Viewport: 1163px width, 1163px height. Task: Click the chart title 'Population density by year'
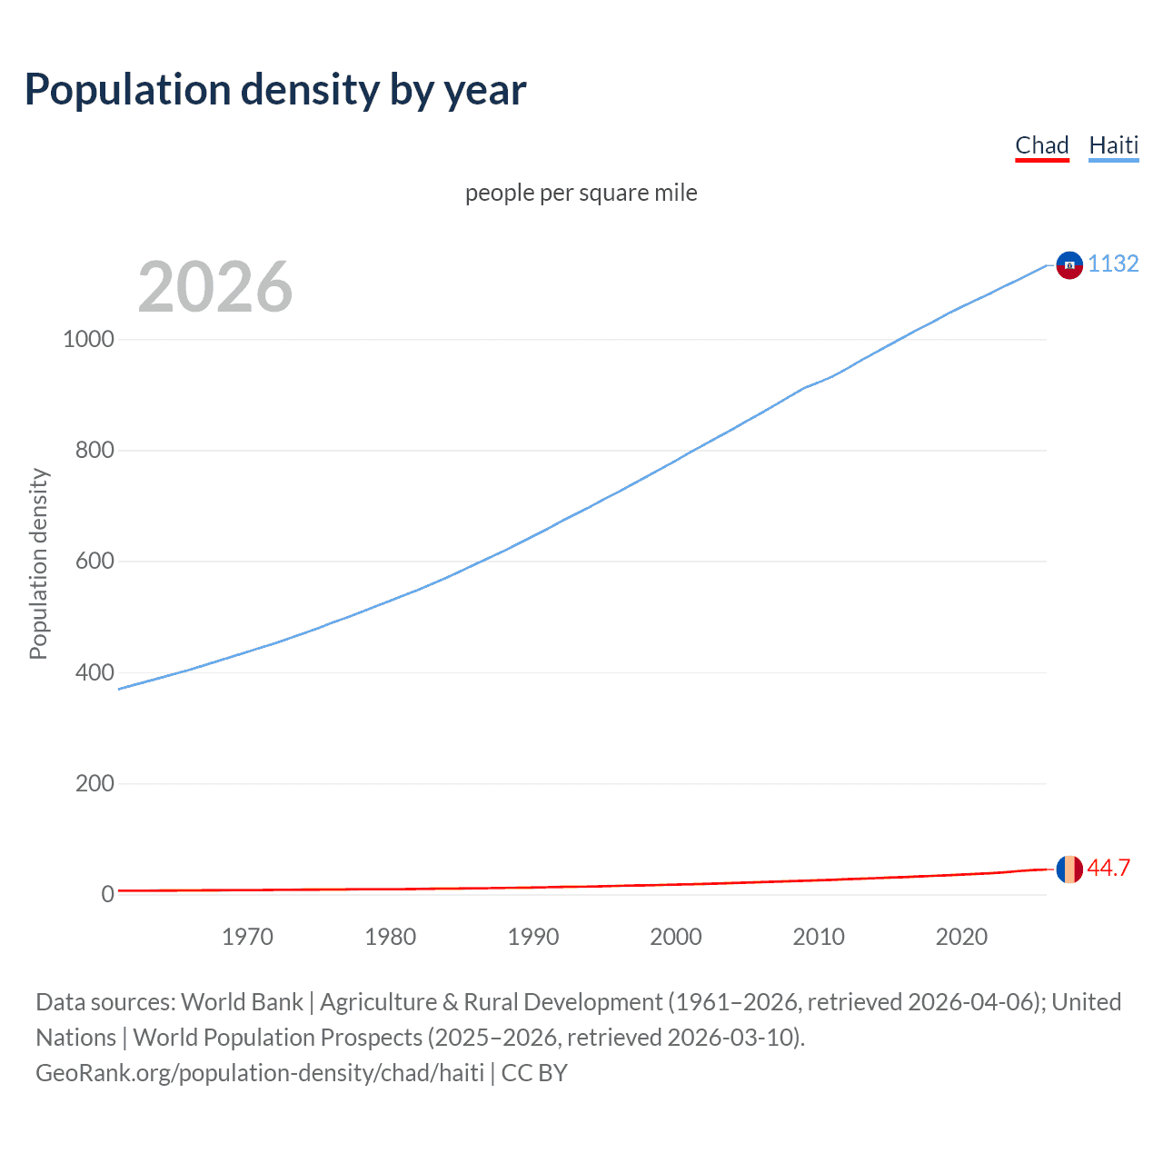275,90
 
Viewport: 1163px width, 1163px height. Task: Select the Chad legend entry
1041,145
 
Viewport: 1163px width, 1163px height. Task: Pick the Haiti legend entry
1113,145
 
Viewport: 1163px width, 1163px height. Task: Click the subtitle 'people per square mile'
581,193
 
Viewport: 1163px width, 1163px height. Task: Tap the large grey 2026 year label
215,287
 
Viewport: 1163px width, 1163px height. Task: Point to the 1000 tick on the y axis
88,339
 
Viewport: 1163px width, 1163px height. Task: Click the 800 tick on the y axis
94,450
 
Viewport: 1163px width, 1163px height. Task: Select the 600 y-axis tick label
94,562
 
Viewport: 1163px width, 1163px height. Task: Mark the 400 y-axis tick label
94,672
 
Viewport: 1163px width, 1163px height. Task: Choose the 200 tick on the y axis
94,783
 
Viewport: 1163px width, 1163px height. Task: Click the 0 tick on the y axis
107,894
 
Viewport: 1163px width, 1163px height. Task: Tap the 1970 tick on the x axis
247,937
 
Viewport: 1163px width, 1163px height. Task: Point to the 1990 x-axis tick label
533,937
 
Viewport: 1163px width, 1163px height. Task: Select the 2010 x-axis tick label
819,937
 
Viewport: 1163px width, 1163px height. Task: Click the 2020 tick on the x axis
961,937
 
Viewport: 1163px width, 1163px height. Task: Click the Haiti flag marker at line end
1069,264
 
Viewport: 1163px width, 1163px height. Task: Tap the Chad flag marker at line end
1069,870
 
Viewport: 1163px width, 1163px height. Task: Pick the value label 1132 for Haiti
1113,263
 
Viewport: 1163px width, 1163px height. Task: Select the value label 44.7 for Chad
1108,868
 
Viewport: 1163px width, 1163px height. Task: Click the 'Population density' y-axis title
38,563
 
